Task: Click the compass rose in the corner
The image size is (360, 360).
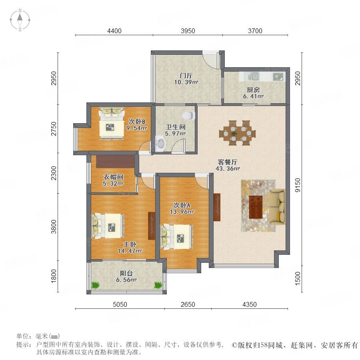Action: [20, 20]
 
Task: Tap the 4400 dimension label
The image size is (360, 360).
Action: [114, 31]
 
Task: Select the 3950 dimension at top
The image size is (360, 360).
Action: [188, 31]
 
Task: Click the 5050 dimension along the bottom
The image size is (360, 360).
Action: [120, 304]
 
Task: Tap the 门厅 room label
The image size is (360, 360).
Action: [186, 76]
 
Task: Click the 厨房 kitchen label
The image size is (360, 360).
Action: [253, 90]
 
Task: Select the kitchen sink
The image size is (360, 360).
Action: [254, 76]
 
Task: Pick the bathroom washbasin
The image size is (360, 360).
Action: [160, 144]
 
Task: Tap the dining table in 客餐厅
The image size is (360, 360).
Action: [237, 133]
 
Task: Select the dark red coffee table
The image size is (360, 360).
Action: [256, 207]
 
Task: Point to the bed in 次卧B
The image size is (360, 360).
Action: [112, 124]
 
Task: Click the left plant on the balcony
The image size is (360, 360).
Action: [96, 285]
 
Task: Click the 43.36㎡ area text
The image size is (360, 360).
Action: [228, 169]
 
